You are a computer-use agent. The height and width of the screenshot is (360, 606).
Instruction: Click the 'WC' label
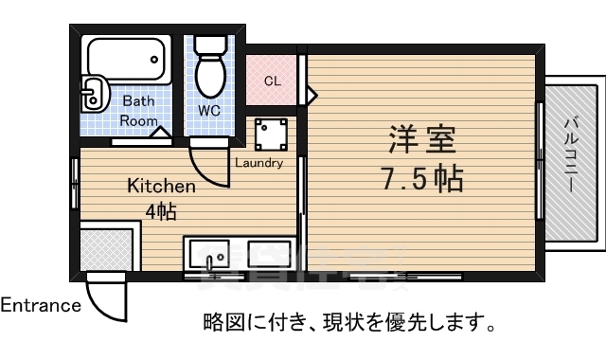point(209,110)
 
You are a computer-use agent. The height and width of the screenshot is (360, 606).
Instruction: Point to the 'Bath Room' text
point(138,110)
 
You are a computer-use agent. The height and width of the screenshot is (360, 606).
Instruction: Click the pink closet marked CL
point(273,81)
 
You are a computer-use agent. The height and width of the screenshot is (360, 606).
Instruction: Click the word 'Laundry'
point(259,162)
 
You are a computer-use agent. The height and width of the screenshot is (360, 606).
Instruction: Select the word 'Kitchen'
point(162,187)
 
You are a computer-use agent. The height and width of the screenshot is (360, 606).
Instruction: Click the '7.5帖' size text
point(422,178)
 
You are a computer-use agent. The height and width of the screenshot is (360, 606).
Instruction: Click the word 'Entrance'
point(41,306)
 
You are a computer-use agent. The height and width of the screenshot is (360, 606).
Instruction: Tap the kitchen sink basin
point(210,256)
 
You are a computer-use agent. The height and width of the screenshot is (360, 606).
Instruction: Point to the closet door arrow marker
point(312,94)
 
